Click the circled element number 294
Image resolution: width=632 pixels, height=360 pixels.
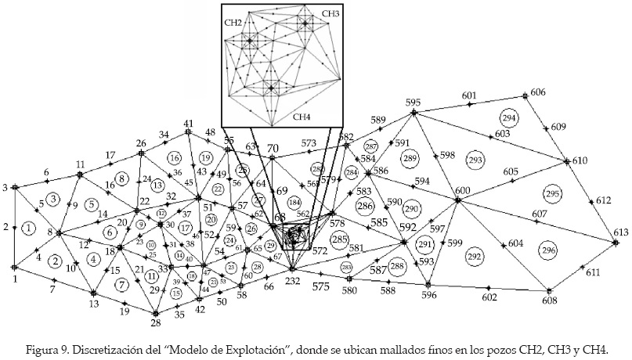tap(509, 118)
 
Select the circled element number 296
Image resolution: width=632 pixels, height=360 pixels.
tap(547, 249)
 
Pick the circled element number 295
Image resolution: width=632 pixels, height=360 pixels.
tap(553, 193)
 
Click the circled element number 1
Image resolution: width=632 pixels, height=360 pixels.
tap(28, 228)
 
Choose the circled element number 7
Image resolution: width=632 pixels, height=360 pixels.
tap(121, 284)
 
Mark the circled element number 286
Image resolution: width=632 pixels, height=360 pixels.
tap(364, 206)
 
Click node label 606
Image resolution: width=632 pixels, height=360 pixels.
tap(538, 92)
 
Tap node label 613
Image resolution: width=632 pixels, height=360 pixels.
tap(620, 233)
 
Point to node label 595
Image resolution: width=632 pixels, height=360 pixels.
tap(414, 103)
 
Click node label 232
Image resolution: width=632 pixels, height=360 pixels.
tap(292, 280)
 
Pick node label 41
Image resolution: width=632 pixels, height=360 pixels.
tap(188, 123)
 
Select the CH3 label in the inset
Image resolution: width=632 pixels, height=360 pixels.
tap(330, 14)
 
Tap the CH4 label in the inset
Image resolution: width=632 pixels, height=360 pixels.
tap(302, 117)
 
